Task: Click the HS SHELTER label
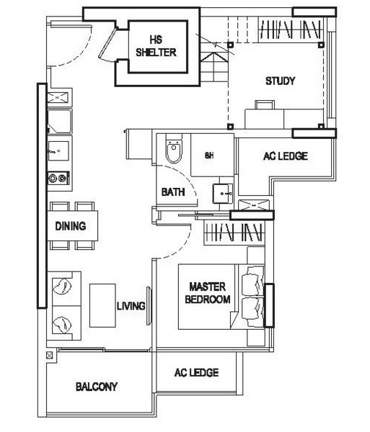[156, 47]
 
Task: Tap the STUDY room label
[280, 81]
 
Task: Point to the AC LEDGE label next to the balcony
[196, 373]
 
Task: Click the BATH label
[173, 192]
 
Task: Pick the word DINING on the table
[71, 226]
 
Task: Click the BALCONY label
[97, 387]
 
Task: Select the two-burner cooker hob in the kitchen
[57, 178]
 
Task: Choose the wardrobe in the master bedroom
[232, 232]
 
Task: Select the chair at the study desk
[264, 105]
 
